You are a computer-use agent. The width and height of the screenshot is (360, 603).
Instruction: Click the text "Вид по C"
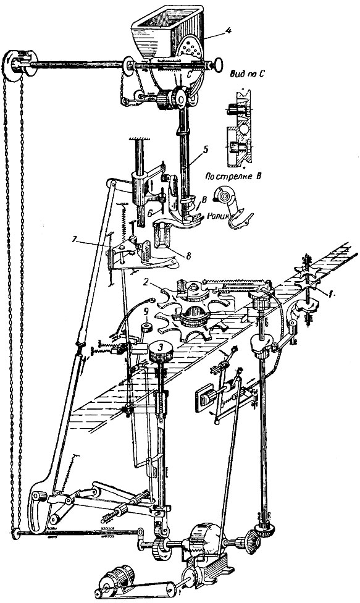point(249,74)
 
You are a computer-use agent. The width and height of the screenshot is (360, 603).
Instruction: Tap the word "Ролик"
point(218,216)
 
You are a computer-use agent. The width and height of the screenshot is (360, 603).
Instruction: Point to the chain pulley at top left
point(18,65)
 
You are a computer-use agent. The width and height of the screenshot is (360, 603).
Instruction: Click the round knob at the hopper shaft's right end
point(218,64)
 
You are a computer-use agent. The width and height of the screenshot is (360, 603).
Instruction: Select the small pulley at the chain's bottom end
point(16,533)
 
